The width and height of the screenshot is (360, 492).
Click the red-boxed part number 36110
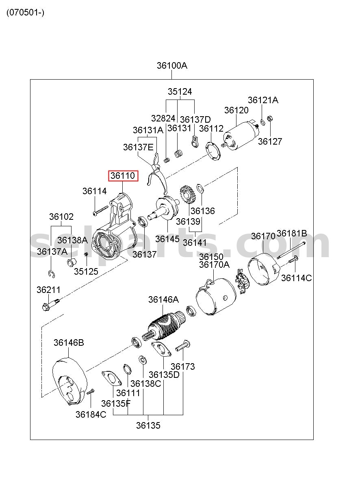tap(123, 176)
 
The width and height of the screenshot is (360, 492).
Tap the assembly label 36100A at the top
tap(172, 65)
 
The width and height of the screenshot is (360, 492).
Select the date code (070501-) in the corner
tap(25, 13)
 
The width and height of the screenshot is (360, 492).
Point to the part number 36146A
tap(163, 299)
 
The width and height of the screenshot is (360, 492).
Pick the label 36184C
tap(91, 414)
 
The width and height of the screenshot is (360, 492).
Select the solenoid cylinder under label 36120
tap(241, 136)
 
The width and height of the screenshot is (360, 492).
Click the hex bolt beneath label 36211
tap(50, 304)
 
